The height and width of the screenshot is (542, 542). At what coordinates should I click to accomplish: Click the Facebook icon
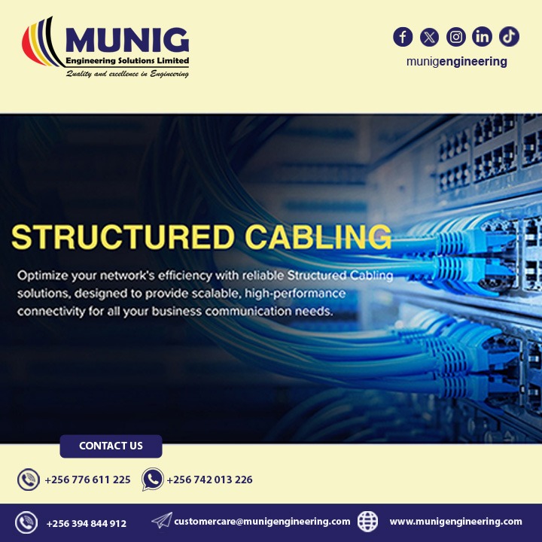(403, 36)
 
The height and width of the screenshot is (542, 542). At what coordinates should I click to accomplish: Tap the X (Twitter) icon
(429, 36)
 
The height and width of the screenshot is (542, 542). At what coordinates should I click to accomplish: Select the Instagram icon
(455, 36)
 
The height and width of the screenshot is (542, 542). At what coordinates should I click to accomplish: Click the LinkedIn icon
(482, 36)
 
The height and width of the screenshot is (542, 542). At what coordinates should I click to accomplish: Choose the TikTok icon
(509, 36)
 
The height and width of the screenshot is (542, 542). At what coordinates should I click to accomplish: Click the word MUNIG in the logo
(126, 39)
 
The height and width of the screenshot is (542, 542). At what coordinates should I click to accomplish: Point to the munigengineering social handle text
(456, 62)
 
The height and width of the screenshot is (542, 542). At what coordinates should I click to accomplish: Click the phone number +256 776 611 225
(87, 480)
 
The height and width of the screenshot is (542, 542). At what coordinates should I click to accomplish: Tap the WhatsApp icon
(153, 480)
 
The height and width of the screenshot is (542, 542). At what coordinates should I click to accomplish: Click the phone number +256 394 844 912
(86, 523)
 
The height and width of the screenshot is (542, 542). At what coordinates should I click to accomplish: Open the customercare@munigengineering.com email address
(262, 521)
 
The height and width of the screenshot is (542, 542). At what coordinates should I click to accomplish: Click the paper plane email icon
(161, 521)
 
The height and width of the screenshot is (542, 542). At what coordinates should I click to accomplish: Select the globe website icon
(367, 521)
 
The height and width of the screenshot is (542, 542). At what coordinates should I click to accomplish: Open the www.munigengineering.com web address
(455, 521)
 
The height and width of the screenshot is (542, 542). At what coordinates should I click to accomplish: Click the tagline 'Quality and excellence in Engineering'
(126, 74)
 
